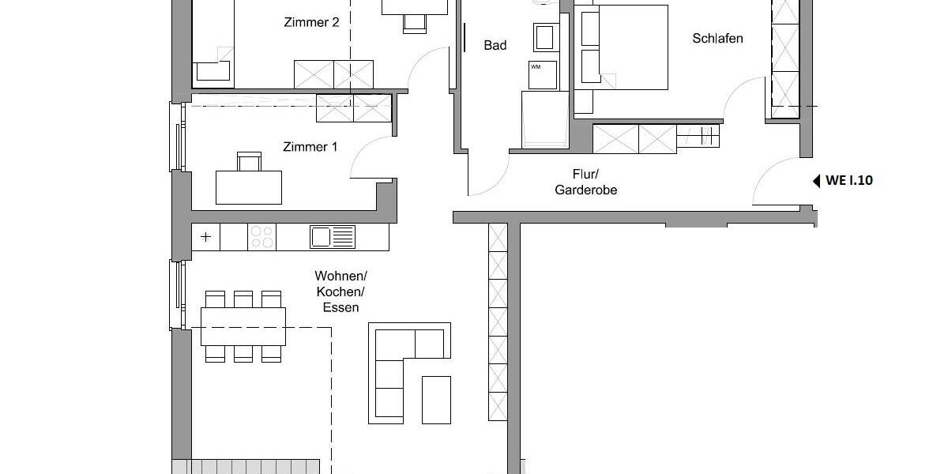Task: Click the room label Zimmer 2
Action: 311,23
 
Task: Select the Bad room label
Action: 495,46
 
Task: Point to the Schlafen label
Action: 717,38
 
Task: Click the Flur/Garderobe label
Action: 585,182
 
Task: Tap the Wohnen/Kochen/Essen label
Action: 341,292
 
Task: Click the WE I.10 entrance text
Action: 849,181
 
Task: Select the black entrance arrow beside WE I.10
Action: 816,181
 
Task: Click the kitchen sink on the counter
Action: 333,236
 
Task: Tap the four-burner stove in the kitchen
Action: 261,236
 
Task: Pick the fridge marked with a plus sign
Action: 206,236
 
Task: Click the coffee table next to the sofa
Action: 436,399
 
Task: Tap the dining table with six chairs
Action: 243,326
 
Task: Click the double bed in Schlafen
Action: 624,47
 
